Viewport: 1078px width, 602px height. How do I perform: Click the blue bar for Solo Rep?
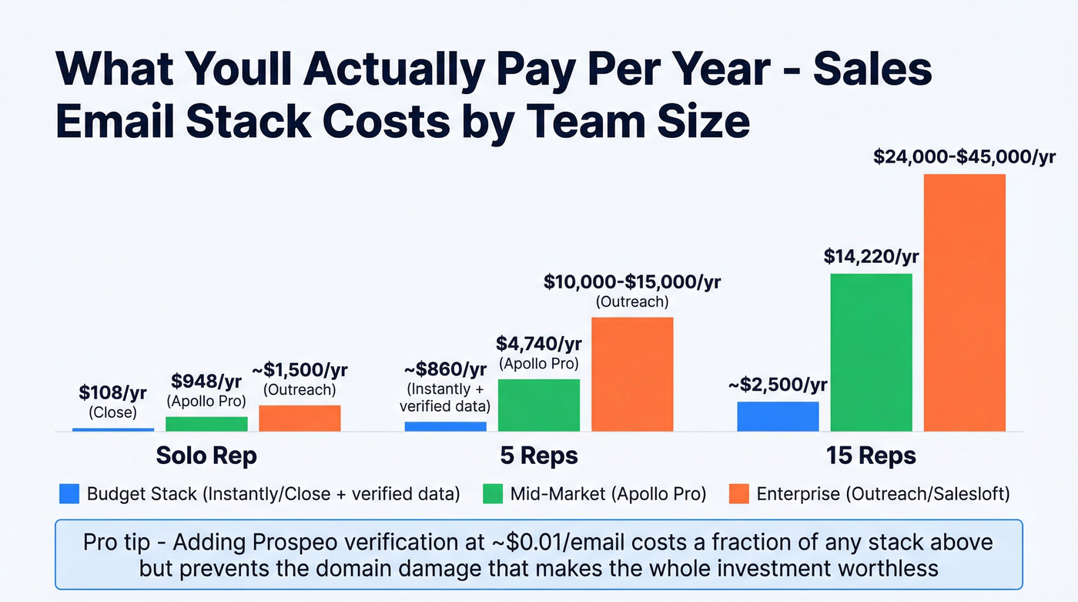pos(113,429)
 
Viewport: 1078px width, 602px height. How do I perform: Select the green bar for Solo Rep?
pos(206,423)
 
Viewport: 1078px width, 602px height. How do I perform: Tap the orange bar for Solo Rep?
pos(300,418)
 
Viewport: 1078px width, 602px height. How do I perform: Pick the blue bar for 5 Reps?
pos(445,426)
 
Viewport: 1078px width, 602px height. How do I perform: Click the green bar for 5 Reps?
pos(539,405)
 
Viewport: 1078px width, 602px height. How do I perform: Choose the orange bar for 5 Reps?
pos(632,374)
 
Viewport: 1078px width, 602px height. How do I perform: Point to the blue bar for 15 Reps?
pos(778,416)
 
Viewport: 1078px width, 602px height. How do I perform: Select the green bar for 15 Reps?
pos(871,352)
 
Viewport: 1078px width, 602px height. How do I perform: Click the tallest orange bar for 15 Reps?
pos(965,302)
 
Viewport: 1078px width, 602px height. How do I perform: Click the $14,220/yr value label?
pos(871,256)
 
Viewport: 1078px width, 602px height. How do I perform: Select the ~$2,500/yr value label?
pos(778,384)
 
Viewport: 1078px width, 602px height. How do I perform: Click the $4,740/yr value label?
pos(538,343)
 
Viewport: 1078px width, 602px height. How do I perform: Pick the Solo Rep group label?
pos(206,456)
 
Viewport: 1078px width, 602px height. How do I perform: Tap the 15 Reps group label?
pos(871,456)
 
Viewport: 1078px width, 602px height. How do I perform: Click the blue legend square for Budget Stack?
pos(69,494)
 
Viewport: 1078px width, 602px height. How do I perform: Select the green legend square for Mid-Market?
pos(493,494)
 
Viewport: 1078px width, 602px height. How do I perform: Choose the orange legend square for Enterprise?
pos(738,494)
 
